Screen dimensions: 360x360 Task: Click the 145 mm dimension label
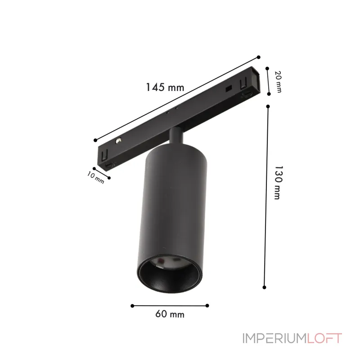click(165, 87)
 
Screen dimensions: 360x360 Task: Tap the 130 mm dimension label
click(278, 183)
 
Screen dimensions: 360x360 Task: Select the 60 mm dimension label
click(170, 314)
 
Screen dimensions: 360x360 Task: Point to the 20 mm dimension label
click(278, 82)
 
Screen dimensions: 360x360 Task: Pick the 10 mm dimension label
click(96, 178)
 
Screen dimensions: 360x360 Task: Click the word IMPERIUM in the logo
click(274, 338)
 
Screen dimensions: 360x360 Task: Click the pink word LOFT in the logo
click(324, 338)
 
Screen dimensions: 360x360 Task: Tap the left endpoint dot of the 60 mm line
click(132, 306)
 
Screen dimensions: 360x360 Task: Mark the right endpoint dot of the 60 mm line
click(207, 306)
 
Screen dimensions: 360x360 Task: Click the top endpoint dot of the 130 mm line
click(268, 106)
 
